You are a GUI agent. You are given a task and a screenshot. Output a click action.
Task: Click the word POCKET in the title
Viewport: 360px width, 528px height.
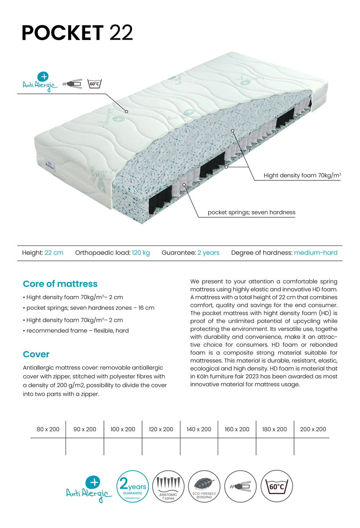point(62,33)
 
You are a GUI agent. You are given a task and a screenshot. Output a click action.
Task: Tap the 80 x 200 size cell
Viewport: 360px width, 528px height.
point(48,429)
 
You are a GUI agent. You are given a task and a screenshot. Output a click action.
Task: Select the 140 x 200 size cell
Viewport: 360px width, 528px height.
point(199,429)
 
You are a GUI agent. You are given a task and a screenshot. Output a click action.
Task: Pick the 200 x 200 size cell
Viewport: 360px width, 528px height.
point(313,429)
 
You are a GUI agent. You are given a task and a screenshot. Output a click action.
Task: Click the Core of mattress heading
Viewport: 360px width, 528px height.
point(60,284)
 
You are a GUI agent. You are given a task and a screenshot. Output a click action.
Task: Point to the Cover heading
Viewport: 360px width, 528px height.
point(36,354)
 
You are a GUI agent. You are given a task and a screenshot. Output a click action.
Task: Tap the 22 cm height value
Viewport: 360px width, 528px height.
point(54,253)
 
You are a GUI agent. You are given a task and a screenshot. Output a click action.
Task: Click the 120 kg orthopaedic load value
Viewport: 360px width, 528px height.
point(141,253)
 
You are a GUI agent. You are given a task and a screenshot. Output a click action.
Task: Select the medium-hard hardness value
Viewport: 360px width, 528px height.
point(316,253)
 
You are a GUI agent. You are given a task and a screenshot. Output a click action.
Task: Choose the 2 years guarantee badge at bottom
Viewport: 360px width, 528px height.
point(132,487)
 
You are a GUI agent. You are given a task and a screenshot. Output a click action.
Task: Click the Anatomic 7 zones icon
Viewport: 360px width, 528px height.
point(169,487)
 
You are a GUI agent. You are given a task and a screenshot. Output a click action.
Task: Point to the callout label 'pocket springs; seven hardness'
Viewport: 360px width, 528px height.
point(251,213)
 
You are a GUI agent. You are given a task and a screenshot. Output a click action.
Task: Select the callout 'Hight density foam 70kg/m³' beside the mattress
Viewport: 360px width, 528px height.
point(302,176)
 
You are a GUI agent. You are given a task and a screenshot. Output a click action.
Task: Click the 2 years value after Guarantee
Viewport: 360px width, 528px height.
point(208,253)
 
